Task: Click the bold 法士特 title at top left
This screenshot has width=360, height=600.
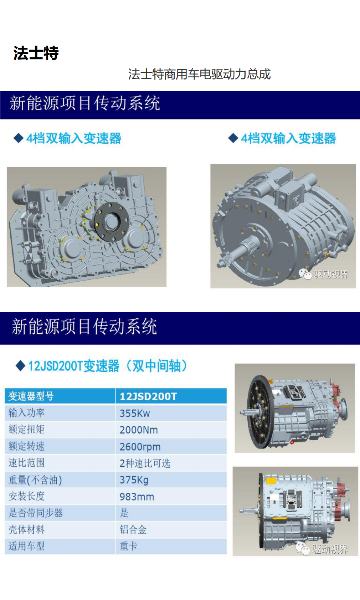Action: pos(36,53)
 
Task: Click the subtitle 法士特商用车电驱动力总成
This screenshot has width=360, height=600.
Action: pos(199,74)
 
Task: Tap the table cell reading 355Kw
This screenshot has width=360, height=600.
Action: pos(135,413)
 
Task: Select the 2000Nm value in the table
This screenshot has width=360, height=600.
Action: pos(139,430)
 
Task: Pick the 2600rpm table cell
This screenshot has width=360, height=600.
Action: pos(140,447)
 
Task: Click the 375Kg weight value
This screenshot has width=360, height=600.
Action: pos(134,480)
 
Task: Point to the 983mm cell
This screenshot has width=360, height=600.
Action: pos(137,497)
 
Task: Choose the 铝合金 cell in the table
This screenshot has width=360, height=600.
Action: pos(133,529)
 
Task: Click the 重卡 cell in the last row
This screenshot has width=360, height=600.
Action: pos(128,546)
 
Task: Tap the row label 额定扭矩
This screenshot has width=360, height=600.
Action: pos(26,430)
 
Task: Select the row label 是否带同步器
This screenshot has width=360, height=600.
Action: pos(36,513)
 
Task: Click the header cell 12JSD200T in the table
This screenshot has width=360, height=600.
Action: pos(148,396)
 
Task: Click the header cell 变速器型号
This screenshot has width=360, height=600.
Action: pos(31,396)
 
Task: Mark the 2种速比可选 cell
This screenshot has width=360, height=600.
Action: pos(145,463)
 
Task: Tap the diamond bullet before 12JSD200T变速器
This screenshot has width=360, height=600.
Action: pos(21,365)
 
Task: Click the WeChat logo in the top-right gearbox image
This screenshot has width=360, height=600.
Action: pos(305,274)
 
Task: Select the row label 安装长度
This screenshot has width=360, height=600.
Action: pos(26,496)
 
